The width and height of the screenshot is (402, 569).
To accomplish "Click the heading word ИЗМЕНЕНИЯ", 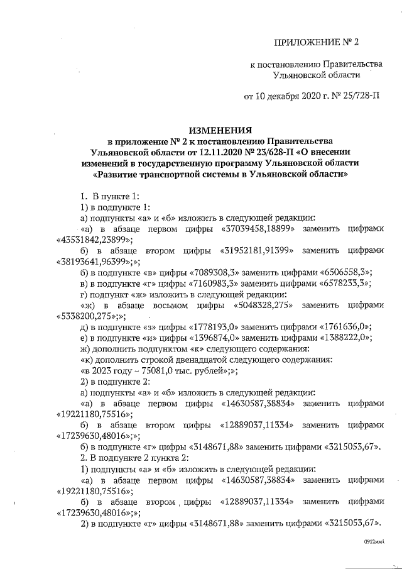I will (217, 126).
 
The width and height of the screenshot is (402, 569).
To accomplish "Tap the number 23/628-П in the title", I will (272, 152).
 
